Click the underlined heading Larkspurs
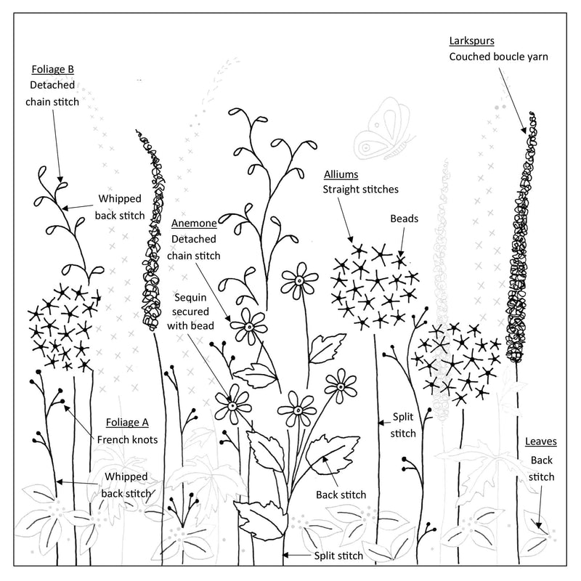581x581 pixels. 471,41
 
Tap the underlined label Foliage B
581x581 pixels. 52,69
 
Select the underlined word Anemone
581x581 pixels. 194,223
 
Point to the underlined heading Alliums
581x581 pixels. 341,174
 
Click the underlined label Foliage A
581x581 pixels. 127,423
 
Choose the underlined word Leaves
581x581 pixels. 541,442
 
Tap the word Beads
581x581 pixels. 405,219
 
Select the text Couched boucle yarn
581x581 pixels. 498,57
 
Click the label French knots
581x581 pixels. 128,440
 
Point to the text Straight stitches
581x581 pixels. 360,190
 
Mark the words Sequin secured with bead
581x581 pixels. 190,312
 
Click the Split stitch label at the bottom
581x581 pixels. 338,556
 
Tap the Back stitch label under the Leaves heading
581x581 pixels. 541,468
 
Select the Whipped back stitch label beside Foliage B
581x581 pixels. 120,207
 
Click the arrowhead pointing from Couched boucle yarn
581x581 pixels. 524,131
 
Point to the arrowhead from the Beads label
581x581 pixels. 401,253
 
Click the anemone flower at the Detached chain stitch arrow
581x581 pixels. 249,327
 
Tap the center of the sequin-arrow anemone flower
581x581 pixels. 232,406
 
